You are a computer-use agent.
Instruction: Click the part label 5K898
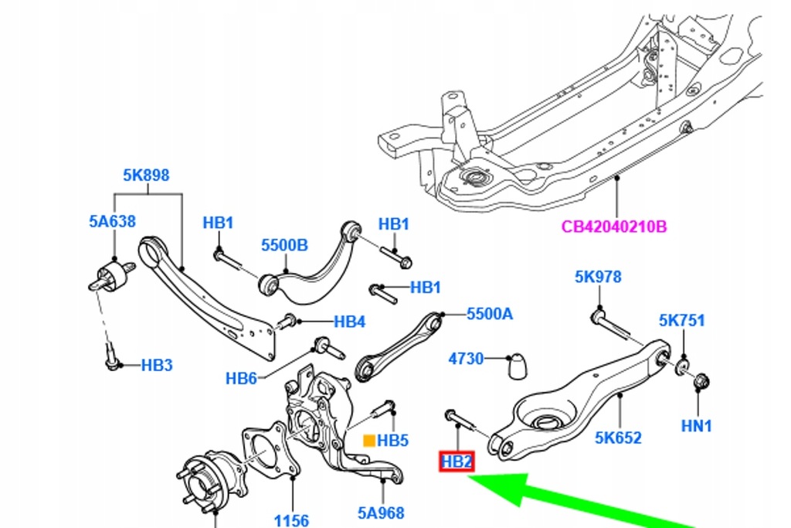pos(146,175)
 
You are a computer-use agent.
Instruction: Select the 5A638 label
pos(112,222)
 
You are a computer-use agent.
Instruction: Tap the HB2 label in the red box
pos(457,462)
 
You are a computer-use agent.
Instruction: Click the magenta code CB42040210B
pos(614,227)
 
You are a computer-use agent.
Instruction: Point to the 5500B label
pos(284,245)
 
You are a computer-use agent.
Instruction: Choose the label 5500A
pos(490,314)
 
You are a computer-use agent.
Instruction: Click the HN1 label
pos(696,424)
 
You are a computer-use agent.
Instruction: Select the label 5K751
pos(681,320)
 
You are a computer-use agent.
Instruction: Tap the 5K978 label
pos(598,277)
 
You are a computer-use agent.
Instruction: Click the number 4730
pos(467,359)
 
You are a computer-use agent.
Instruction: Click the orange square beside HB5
pos(369,441)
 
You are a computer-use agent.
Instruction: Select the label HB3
pos(157,365)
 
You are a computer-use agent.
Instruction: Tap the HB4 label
pos(349,321)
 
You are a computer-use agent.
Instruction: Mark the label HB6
pos(241,378)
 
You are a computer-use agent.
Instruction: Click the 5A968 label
pos(381,512)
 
